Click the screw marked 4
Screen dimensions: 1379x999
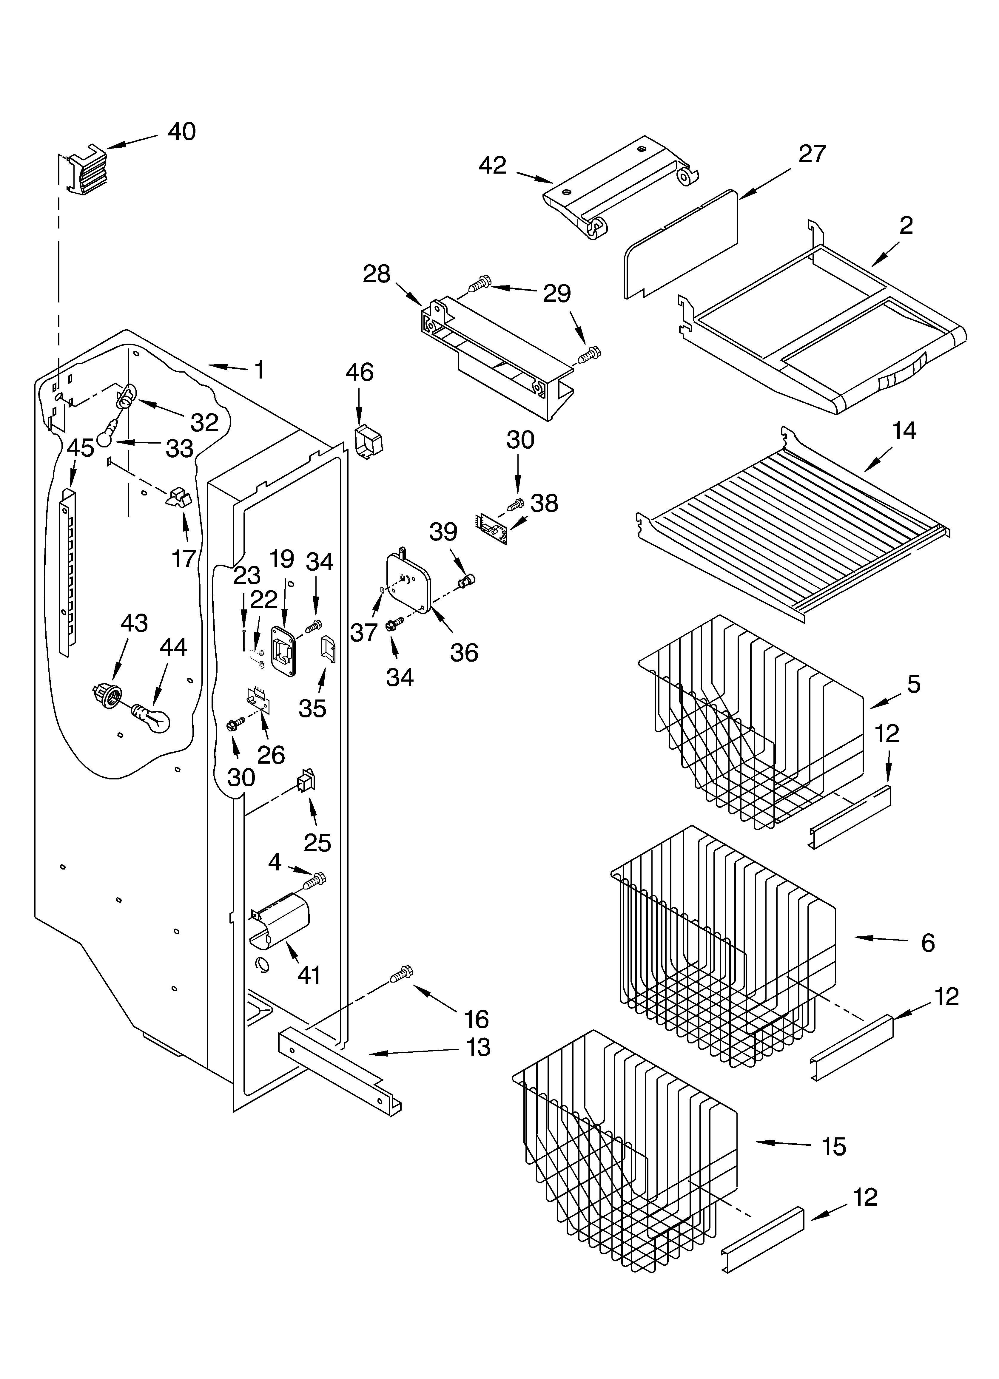(x=316, y=879)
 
